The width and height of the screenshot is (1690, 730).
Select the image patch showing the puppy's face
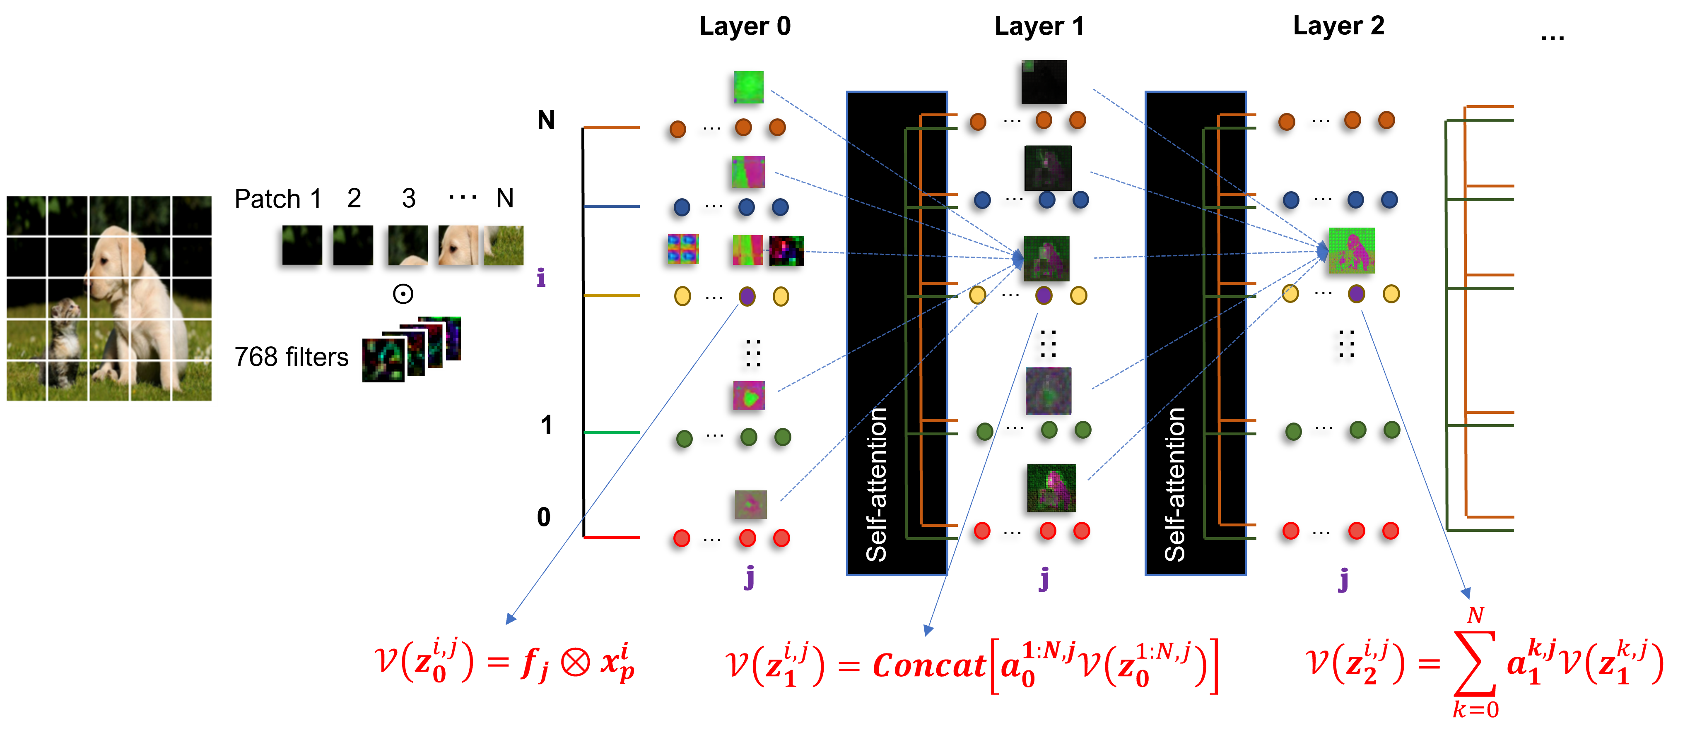[458, 245]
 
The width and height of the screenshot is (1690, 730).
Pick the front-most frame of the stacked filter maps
[383, 360]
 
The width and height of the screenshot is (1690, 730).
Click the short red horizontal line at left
[612, 537]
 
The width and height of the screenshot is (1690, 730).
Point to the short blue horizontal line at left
[612, 206]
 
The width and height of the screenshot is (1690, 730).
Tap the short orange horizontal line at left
[612, 127]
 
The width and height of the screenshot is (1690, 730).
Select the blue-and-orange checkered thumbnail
[683, 249]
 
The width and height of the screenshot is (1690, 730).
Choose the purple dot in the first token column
[747, 296]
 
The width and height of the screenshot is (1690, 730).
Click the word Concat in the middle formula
[928, 666]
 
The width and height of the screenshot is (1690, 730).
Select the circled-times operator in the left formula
[575, 663]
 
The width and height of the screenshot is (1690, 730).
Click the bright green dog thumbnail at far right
[1352, 250]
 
